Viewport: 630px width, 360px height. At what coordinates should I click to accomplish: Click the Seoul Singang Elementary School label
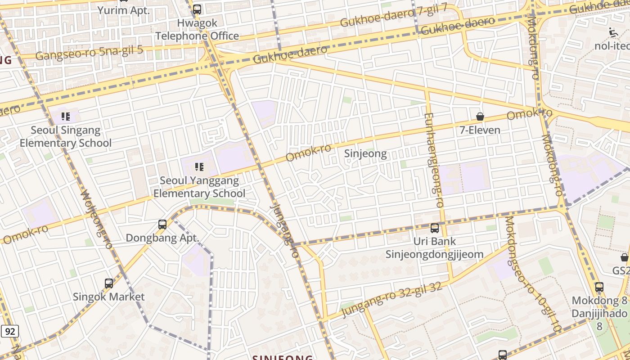66,136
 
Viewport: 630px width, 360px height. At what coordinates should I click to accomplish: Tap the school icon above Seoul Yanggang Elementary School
199,167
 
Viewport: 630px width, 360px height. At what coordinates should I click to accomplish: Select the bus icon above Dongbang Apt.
162,224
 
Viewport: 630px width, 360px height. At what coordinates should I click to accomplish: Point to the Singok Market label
109,297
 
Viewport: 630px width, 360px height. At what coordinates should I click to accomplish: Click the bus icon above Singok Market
109,283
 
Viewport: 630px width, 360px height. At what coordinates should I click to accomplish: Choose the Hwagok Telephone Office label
197,29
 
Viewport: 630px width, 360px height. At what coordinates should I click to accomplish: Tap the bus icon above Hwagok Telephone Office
197,9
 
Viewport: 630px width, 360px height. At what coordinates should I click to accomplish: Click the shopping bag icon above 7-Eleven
480,117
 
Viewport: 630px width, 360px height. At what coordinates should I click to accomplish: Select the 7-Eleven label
480,130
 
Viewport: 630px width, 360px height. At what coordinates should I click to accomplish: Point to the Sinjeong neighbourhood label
365,154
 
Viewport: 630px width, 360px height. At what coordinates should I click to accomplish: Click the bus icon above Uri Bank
435,228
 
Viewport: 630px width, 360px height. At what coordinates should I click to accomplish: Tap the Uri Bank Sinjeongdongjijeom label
435,248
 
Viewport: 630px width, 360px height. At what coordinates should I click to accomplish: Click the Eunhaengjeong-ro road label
434,160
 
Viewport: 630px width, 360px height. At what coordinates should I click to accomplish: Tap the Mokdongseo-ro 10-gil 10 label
533,274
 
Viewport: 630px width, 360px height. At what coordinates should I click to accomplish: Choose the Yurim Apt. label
123,10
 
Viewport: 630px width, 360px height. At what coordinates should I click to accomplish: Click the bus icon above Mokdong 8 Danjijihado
599,287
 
